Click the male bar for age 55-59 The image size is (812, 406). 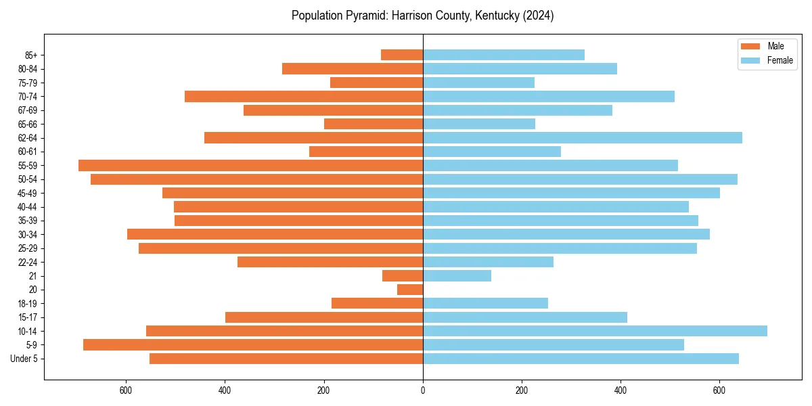[250, 165]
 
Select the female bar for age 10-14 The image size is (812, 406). [595, 331]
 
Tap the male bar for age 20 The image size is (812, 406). [410, 290]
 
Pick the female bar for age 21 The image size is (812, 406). [457, 275]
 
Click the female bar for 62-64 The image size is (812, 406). [582, 137]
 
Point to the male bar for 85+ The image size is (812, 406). [402, 55]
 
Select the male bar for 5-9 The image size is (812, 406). [253, 344]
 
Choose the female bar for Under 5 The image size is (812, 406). [581, 359]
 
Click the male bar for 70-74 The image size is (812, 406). [304, 96]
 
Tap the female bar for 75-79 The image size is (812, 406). [478, 83]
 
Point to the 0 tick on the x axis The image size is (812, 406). [423, 390]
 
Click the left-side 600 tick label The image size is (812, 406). [126, 390]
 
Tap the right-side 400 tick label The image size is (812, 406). [621, 390]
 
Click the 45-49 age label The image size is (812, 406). [28, 193]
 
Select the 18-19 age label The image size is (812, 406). [28, 303]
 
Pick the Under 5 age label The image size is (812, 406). [24, 359]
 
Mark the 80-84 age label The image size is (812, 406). [28, 68]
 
